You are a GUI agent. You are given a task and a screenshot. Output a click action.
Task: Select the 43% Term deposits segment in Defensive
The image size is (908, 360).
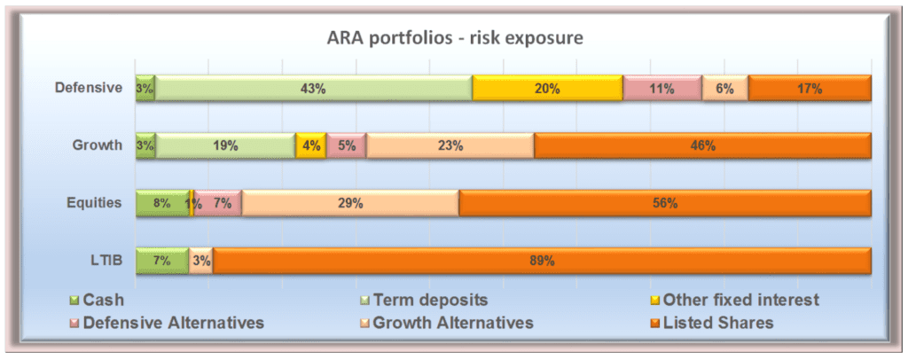tap(313, 89)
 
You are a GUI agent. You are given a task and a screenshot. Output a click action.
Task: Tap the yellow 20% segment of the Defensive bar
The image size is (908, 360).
tap(547, 89)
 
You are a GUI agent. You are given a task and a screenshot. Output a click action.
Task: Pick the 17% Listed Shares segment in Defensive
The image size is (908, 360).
tap(810, 89)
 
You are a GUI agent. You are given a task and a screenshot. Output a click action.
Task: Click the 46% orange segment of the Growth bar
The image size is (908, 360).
tap(702, 145)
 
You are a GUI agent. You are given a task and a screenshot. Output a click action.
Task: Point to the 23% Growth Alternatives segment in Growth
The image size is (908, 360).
tap(450, 145)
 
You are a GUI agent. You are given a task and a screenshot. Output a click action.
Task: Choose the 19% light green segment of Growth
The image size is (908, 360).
tap(225, 145)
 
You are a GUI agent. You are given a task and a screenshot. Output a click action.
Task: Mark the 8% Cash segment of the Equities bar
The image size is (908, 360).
tap(163, 203)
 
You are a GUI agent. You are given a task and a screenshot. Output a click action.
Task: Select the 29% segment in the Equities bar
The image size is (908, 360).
tap(350, 203)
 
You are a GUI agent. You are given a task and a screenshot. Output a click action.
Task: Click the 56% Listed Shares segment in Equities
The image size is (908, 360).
tap(665, 203)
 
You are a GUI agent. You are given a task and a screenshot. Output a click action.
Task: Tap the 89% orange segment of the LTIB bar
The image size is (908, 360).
tap(542, 261)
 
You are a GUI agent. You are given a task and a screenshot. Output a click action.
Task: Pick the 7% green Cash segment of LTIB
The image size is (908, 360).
tap(162, 261)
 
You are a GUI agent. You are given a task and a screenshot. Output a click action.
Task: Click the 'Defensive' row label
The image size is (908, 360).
tap(89, 88)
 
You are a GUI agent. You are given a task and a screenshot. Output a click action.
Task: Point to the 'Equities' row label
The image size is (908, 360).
tap(93, 203)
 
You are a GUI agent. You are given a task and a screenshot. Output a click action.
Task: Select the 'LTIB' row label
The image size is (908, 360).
tap(107, 261)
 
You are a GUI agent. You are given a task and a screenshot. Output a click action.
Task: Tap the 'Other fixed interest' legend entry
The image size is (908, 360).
tap(733, 300)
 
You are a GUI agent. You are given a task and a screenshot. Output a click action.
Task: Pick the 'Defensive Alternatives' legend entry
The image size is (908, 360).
tap(167, 323)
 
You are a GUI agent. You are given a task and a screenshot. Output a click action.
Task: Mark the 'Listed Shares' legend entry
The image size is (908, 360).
tap(711, 323)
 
